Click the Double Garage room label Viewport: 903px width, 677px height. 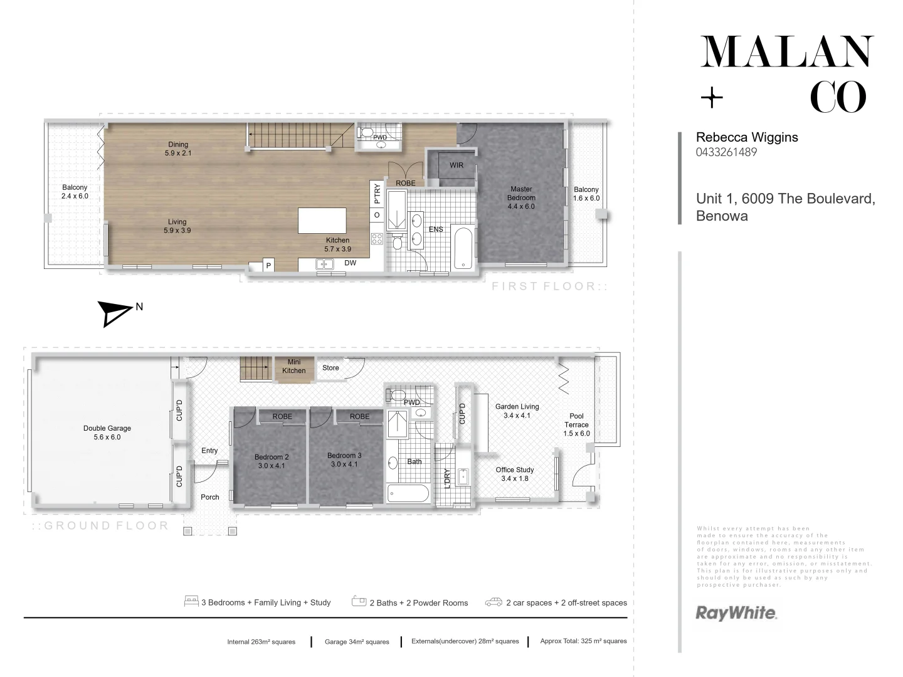pos(107,433)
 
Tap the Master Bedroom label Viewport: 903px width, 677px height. pos(521,197)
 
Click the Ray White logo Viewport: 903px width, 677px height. pos(736,612)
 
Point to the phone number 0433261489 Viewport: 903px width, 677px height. pos(726,152)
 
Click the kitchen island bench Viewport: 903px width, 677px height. pos(322,221)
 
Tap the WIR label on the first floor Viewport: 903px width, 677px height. pos(457,165)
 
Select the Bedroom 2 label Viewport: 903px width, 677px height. pos(272,461)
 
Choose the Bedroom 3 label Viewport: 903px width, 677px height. pos(344,459)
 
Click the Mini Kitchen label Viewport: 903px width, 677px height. pos(294,366)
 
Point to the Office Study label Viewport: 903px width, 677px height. pos(515,474)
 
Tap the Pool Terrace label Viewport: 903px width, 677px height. pos(576,424)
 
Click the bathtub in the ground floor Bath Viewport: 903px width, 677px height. pos(408,493)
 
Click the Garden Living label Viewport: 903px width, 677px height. pos(517,411)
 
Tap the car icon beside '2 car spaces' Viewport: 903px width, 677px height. pos(494,602)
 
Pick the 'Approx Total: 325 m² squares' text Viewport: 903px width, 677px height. pos(583,641)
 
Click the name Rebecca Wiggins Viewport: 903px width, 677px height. pos(747,137)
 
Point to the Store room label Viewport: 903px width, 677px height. pos(330,368)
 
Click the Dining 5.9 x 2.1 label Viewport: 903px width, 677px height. pos(178,149)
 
